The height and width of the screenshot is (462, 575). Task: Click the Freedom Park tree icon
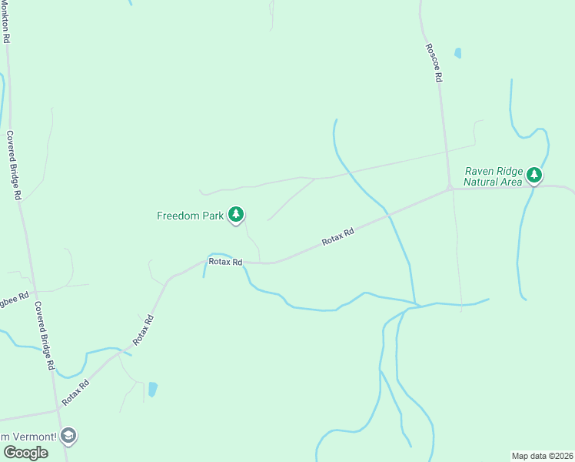237,215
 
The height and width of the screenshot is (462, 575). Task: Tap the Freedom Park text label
190,216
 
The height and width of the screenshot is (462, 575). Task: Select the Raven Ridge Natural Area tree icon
534,176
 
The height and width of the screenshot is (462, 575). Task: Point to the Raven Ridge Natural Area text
494,176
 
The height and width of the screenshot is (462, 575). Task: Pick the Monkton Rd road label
6,21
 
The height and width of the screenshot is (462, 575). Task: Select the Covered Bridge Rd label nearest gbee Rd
44,335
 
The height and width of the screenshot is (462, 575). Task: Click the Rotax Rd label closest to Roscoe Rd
337,236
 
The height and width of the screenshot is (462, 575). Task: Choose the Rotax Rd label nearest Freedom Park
225,262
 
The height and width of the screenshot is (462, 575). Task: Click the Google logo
25,453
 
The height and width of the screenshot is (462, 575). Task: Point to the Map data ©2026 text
543,456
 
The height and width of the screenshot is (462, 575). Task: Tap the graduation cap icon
68,436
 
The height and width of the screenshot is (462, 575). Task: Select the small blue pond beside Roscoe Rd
458,53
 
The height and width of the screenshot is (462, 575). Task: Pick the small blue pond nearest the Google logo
152,389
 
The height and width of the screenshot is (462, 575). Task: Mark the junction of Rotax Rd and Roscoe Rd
449,188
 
